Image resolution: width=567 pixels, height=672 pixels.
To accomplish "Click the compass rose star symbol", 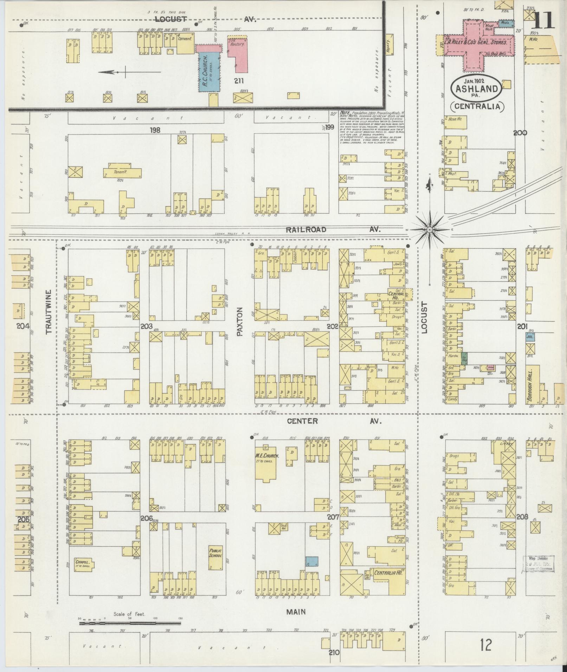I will pos(429,229).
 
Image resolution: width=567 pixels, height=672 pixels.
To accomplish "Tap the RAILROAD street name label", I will pos(305,229).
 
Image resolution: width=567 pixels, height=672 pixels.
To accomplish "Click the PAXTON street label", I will pos(240,322).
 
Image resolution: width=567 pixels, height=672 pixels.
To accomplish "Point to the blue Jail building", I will pos(530,336).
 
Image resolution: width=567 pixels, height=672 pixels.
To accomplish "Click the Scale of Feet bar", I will pos(130,623).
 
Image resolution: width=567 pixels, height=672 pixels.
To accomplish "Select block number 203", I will pos(146,327).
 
